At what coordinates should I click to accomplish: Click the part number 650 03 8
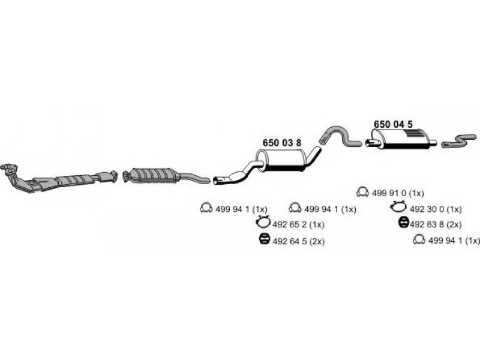tap(281, 143)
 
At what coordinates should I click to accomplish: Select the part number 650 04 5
tap(393, 124)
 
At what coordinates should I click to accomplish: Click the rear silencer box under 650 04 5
tap(399, 139)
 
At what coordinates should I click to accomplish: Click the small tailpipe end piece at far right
tap(459, 141)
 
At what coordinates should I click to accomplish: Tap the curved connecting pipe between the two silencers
tap(340, 136)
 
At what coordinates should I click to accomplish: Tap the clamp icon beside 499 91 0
tap(362, 192)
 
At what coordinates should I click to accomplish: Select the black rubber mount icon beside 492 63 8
tap(404, 222)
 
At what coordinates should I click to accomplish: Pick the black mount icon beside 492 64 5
tap(263, 239)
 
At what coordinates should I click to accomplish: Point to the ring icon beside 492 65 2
tap(263, 221)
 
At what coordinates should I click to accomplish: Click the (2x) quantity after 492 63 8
tap(454, 224)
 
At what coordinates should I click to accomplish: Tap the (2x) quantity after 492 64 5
tap(317, 242)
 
